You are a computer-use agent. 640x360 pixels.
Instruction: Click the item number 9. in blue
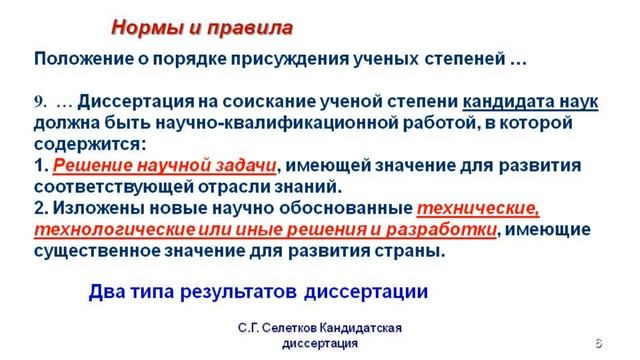41,104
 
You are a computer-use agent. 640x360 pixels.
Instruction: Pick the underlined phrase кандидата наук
533,103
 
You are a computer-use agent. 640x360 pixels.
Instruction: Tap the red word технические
477,208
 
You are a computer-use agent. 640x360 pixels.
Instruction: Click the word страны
413,250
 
